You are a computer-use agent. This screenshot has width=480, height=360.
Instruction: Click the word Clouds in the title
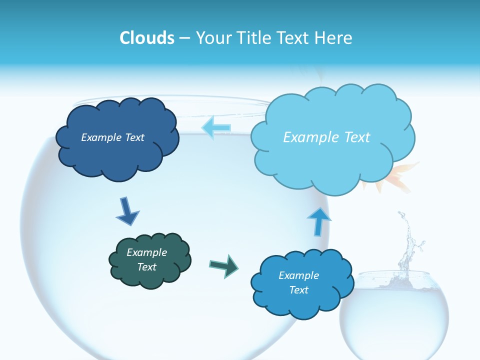pos(147,38)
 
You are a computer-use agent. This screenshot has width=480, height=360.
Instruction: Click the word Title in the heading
pos(256,38)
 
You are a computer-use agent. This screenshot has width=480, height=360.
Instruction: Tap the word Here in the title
pos(333,38)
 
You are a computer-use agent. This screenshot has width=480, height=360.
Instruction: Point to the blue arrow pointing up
pos(318,220)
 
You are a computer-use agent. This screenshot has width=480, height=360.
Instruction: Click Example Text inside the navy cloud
pos(112,137)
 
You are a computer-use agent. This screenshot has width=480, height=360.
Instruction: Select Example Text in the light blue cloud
pos(326,137)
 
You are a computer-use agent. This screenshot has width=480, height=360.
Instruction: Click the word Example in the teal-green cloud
pos(146,252)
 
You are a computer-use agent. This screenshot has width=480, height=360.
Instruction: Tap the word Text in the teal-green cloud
pos(146,267)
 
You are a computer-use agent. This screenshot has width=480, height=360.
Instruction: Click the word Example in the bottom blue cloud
pos(298,275)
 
